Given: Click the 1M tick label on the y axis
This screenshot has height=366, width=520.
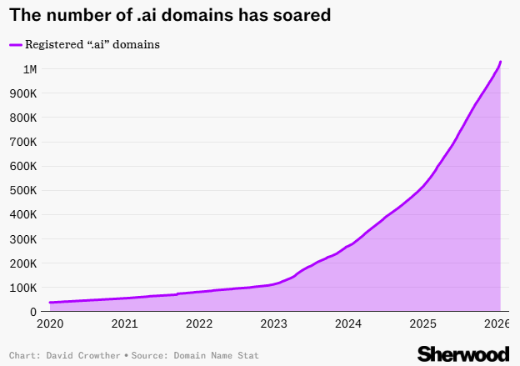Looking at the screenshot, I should coord(29,68).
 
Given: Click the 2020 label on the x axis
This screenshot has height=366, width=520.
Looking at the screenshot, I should coord(50,323).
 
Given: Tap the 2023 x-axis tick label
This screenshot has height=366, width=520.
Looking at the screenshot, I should coord(274,323).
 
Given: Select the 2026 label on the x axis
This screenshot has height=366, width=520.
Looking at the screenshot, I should coord(497,323).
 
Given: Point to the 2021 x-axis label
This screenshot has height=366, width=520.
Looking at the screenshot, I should coord(124,323).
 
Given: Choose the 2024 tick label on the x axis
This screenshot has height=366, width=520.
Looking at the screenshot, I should coord(348,323).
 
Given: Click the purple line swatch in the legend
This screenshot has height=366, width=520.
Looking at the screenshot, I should coord(15,44).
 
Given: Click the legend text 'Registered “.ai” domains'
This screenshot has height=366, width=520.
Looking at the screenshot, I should coord(92,44).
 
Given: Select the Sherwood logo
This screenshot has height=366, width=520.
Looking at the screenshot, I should coord(462,353).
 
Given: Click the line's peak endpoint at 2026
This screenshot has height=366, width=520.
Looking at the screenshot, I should coord(500,62).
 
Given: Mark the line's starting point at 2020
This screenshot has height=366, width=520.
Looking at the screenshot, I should coord(50,303).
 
